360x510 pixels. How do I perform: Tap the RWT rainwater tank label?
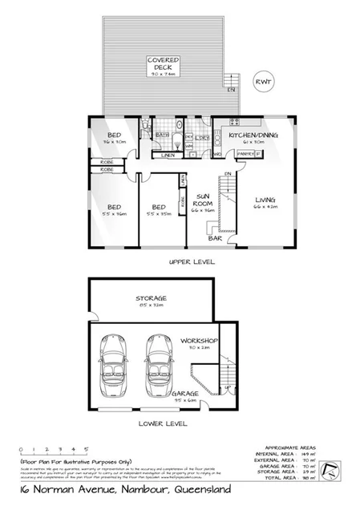[x=261, y=81]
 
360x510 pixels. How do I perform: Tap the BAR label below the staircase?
[x=214, y=238]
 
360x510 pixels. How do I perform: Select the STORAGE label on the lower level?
[x=150, y=299]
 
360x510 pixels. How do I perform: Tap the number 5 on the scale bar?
[x=86, y=450]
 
